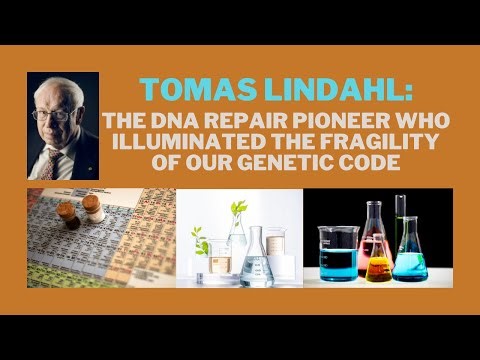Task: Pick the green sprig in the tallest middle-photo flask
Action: coord(237,210)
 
